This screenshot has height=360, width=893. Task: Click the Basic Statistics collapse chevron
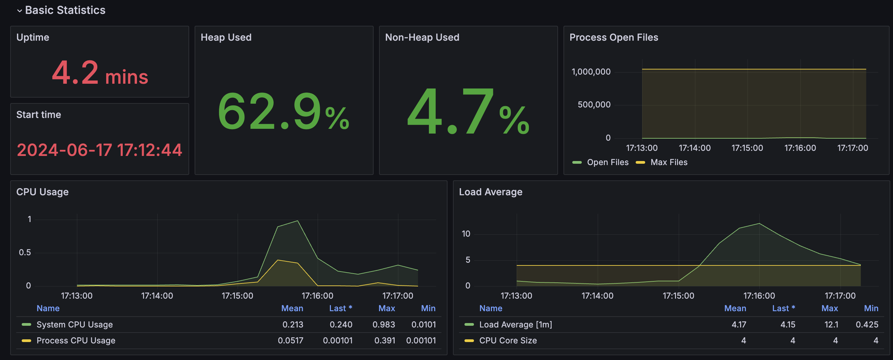click(19, 11)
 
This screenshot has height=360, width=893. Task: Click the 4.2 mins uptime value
click(100, 73)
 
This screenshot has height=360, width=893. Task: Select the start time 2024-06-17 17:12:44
click(99, 150)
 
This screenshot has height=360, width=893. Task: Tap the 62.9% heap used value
click(283, 112)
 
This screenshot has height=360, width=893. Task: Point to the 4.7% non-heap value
click(468, 112)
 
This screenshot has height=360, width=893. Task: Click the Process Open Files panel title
click(614, 37)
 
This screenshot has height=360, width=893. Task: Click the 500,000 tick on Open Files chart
click(594, 105)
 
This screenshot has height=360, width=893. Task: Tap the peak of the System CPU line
click(297, 221)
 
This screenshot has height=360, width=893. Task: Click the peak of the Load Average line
click(759, 223)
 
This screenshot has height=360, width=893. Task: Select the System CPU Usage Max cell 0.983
click(383, 325)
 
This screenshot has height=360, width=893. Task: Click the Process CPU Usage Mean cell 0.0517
click(291, 341)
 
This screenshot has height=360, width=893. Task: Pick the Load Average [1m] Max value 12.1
click(831, 325)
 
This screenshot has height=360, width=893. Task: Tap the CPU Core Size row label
click(508, 341)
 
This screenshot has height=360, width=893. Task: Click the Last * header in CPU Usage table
click(340, 308)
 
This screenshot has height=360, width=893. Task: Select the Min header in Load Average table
click(871, 308)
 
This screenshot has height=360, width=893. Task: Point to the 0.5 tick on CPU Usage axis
click(25, 253)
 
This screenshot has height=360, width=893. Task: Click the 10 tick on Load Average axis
click(466, 234)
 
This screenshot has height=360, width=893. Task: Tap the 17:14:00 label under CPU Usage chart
click(157, 296)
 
